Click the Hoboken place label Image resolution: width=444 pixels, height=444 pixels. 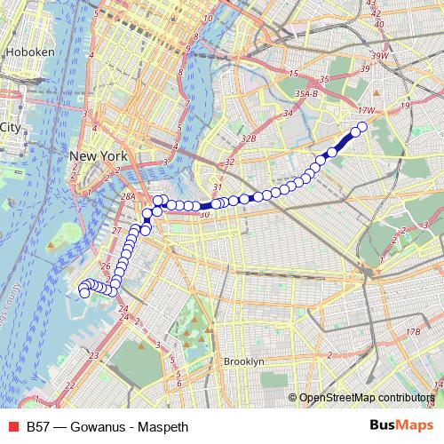[30, 52]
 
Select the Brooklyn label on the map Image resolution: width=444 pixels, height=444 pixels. [243, 361]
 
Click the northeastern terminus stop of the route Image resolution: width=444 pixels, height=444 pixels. [362, 127]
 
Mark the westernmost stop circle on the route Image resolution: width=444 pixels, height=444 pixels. [84, 292]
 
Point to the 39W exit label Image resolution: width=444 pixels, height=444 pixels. [381, 56]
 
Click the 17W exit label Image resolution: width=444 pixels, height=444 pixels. [365, 110]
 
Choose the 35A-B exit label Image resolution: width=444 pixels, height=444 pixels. [306, 91]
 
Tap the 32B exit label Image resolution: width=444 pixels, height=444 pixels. [248, 139]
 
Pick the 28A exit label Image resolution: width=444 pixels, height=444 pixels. [128, 197]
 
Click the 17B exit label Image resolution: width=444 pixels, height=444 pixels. [412, 332]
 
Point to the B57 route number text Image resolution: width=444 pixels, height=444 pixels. [38, 427]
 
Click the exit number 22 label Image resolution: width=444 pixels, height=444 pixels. [69, 385]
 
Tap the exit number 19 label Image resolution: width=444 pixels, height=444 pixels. [404, 106]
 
